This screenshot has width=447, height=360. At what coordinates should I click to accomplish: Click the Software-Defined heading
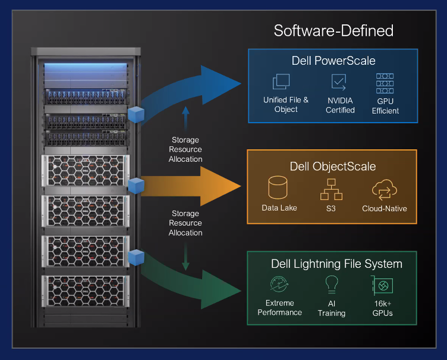[333, 31]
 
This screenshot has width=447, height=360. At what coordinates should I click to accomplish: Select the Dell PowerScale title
[333, 61]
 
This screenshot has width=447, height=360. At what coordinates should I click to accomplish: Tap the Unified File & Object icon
[281, 82]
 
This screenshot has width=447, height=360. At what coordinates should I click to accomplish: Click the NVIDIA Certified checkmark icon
[339, 82]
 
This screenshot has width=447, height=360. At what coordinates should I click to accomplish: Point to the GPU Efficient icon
[385, 84]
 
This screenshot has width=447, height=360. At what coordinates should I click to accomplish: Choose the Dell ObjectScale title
[332, 166]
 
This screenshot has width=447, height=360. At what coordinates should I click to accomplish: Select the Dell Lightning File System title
[336, 264]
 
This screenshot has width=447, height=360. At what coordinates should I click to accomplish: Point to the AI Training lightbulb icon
[331, 286]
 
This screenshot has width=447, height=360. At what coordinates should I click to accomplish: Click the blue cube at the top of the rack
[137, 114]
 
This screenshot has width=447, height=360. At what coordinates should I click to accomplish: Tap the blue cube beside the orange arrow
[137, 184]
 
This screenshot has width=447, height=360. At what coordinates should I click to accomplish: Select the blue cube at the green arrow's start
[137, 257]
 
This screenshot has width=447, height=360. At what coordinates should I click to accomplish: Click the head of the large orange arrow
[223, 186]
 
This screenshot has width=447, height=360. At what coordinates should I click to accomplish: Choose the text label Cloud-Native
[384, 209]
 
